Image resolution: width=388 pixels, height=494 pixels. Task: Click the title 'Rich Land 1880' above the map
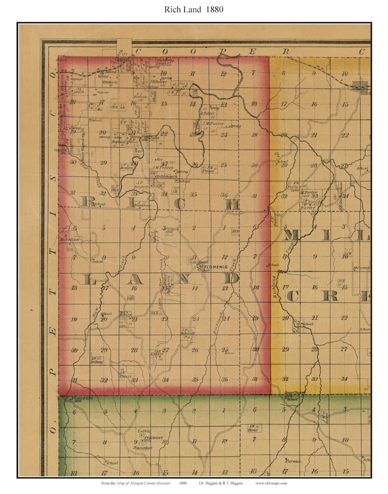(x=194, y=9)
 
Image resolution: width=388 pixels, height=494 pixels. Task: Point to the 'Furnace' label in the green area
(x=293, y=461)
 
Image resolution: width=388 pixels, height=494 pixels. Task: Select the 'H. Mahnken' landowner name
(x=68, y=239)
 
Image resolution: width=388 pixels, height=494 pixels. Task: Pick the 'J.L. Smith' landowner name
(x=78, y=90)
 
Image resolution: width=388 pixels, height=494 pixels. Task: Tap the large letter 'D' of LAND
(x=232, y=279)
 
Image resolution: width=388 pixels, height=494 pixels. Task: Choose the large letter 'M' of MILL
(x=291, y=236)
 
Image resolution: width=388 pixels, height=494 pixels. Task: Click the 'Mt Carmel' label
(x=362, y=267)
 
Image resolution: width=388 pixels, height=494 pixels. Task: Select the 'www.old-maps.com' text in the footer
(x=271, y=483)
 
